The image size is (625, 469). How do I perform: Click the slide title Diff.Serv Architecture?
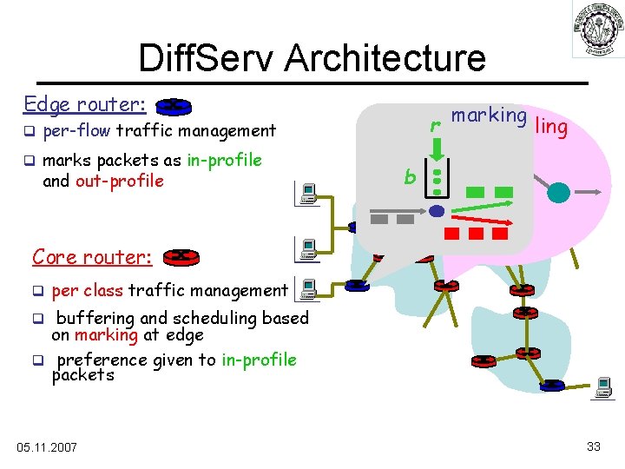(x=312, y=58)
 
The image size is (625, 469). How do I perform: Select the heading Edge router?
(x=84, y=104)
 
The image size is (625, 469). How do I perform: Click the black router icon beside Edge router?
(x=174, y=107)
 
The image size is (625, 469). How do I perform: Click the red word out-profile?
(x=120, y=181)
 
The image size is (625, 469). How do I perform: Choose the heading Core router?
(x=92, y=257)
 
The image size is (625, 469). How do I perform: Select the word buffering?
(x=95, y=318)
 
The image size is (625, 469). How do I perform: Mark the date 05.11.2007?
(x=47, y=446)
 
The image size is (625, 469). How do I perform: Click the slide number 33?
(x=594, y=446)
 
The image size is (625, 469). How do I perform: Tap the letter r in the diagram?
(x=435, y=126)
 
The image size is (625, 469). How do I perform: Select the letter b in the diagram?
(x=409, y=178)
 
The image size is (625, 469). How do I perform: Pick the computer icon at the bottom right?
(x=602, y=389)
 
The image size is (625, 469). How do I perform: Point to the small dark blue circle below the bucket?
(x=437, y=211)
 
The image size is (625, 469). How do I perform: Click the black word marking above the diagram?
(x=489, y=116)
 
